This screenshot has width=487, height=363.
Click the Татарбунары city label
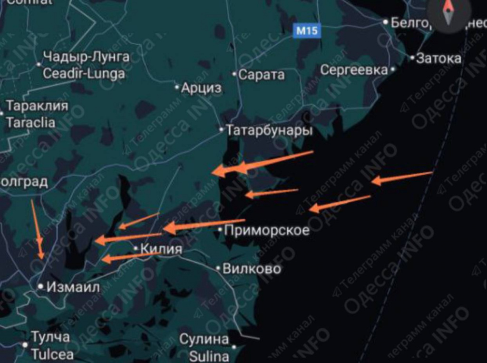[269, 130]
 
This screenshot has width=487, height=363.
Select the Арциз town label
[202, 88]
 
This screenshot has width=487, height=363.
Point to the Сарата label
[261, 74]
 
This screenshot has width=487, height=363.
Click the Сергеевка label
[354, 70]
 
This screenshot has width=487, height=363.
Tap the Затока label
[438, 59]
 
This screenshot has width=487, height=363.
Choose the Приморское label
[266, 231]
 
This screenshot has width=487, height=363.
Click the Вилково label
[252, 269]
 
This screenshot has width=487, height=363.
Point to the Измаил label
[73, 287]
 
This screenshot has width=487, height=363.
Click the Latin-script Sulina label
[209, 355]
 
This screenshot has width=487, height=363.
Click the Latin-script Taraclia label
[30, 122]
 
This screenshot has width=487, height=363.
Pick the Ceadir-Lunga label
[84, 73]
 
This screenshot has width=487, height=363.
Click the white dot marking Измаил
[41, 286]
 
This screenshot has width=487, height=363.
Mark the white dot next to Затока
[412, 58]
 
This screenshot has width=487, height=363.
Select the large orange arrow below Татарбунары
[262, 162]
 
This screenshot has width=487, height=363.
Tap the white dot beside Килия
[136, 248]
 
